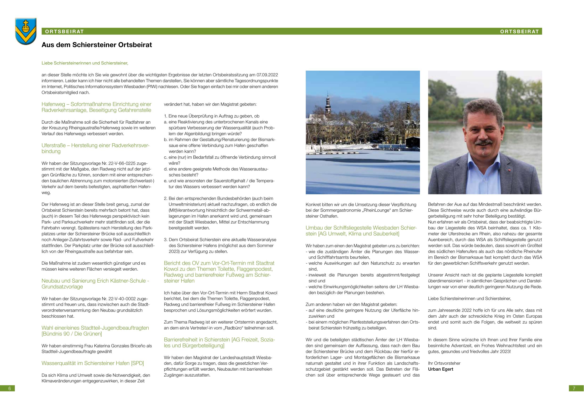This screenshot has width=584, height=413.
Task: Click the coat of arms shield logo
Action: click(x=26, y=31)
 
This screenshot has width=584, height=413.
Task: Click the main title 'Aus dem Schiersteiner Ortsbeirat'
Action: click(x=97, y=45)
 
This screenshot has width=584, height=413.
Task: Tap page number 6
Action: click(x=9, y=388)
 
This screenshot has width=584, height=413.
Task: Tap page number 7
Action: click(x=574, y=388)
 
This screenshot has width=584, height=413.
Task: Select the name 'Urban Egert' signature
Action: click(x=441, y=369)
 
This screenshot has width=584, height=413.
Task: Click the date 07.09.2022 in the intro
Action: click(x=267, y=75)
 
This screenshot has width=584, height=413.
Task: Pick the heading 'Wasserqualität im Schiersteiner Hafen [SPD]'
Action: click(x=93, y=363)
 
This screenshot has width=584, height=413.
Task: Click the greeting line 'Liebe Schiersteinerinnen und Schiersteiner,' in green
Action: click(x=85, y=63)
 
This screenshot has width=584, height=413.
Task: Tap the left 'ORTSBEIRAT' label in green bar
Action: click(x=64, y=32)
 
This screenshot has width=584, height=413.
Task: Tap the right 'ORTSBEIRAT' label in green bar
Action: click(x=520, y=32)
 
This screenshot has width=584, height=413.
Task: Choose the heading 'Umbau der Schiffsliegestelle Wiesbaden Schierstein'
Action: click(x=361, y=231)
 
